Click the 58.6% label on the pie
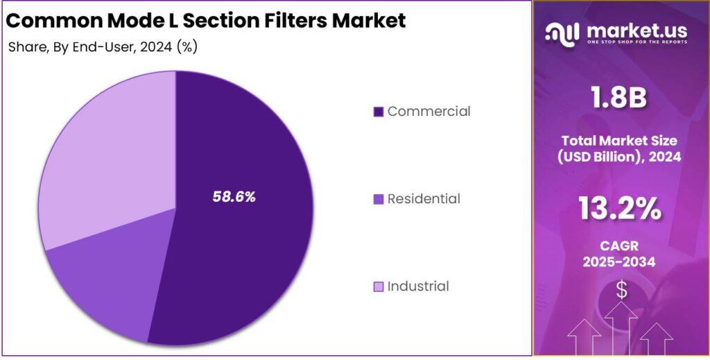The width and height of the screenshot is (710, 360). coord(234,197)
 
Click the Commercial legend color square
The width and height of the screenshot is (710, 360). coord(378,112)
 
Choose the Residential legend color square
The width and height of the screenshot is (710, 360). coord(378,199)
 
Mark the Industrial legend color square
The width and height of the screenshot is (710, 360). coord(378,286)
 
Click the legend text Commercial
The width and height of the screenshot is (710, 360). coord(428,111)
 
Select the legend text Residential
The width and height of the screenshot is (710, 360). coord(424,198)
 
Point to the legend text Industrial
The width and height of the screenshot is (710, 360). coord(418,286)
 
